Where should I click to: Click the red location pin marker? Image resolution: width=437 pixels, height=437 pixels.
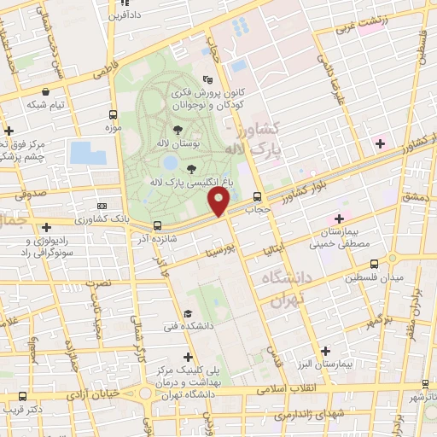[x=218, y=201]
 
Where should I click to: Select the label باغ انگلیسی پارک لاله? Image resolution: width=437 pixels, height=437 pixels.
[x=180, y=183]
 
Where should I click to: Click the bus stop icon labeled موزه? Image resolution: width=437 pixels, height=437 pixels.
[x=114, y=114]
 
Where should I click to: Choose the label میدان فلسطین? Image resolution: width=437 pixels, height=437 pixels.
[x=373, y=278]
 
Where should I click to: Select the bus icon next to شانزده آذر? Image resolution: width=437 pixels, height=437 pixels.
[x=156, y=226]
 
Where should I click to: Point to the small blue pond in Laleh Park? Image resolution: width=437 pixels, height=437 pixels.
[x=171, y=161]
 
